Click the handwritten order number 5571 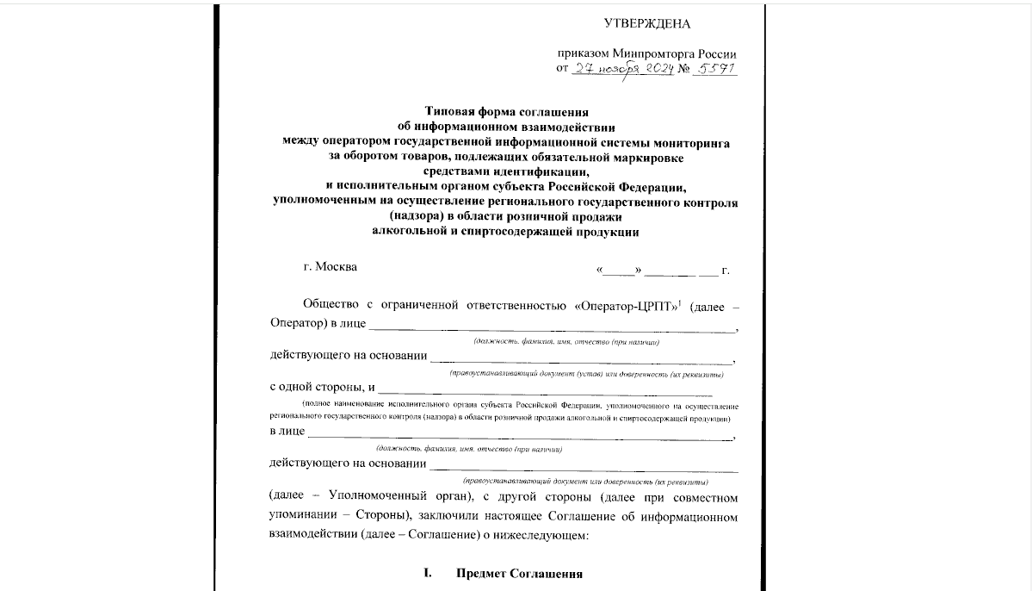[715, 69]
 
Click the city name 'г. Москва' [331, 266]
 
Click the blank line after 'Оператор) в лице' [553, 328]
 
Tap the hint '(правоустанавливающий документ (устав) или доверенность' [585, 375]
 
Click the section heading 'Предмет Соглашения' [520, 574]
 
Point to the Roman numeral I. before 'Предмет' [426, 574]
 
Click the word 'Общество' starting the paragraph [329, 306]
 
